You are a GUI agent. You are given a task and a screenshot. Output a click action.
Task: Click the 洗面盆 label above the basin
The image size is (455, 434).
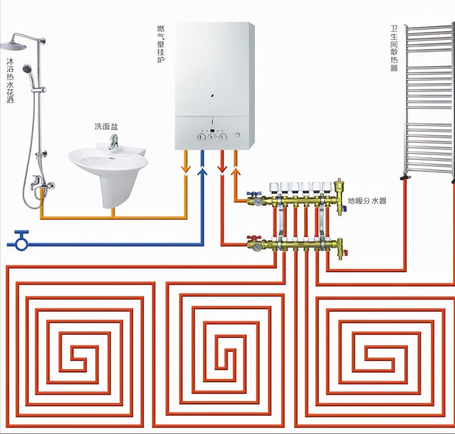point(106,127)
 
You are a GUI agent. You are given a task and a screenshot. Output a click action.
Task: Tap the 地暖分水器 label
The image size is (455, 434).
point(367,201)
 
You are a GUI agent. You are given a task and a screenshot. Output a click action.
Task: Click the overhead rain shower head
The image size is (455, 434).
point(13,46)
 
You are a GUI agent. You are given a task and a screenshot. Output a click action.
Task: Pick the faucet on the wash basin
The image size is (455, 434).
point(112,142)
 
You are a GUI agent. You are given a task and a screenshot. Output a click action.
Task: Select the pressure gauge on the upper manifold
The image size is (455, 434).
point(257,202)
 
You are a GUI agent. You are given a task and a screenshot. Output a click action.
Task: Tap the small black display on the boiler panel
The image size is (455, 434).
point(212,131)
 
